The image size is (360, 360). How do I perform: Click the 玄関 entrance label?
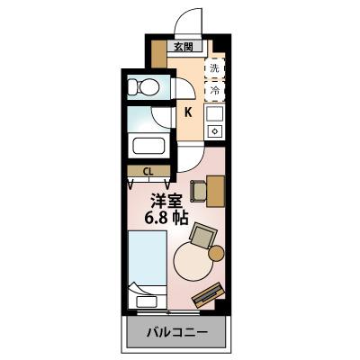pos(183,47)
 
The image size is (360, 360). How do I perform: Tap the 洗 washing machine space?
pos(215,68)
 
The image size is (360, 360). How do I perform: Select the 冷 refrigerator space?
pos(215,91)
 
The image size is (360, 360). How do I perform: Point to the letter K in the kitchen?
pos(188,112)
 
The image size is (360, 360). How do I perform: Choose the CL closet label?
pos(148,170)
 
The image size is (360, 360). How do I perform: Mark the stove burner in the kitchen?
pos(214,131)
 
